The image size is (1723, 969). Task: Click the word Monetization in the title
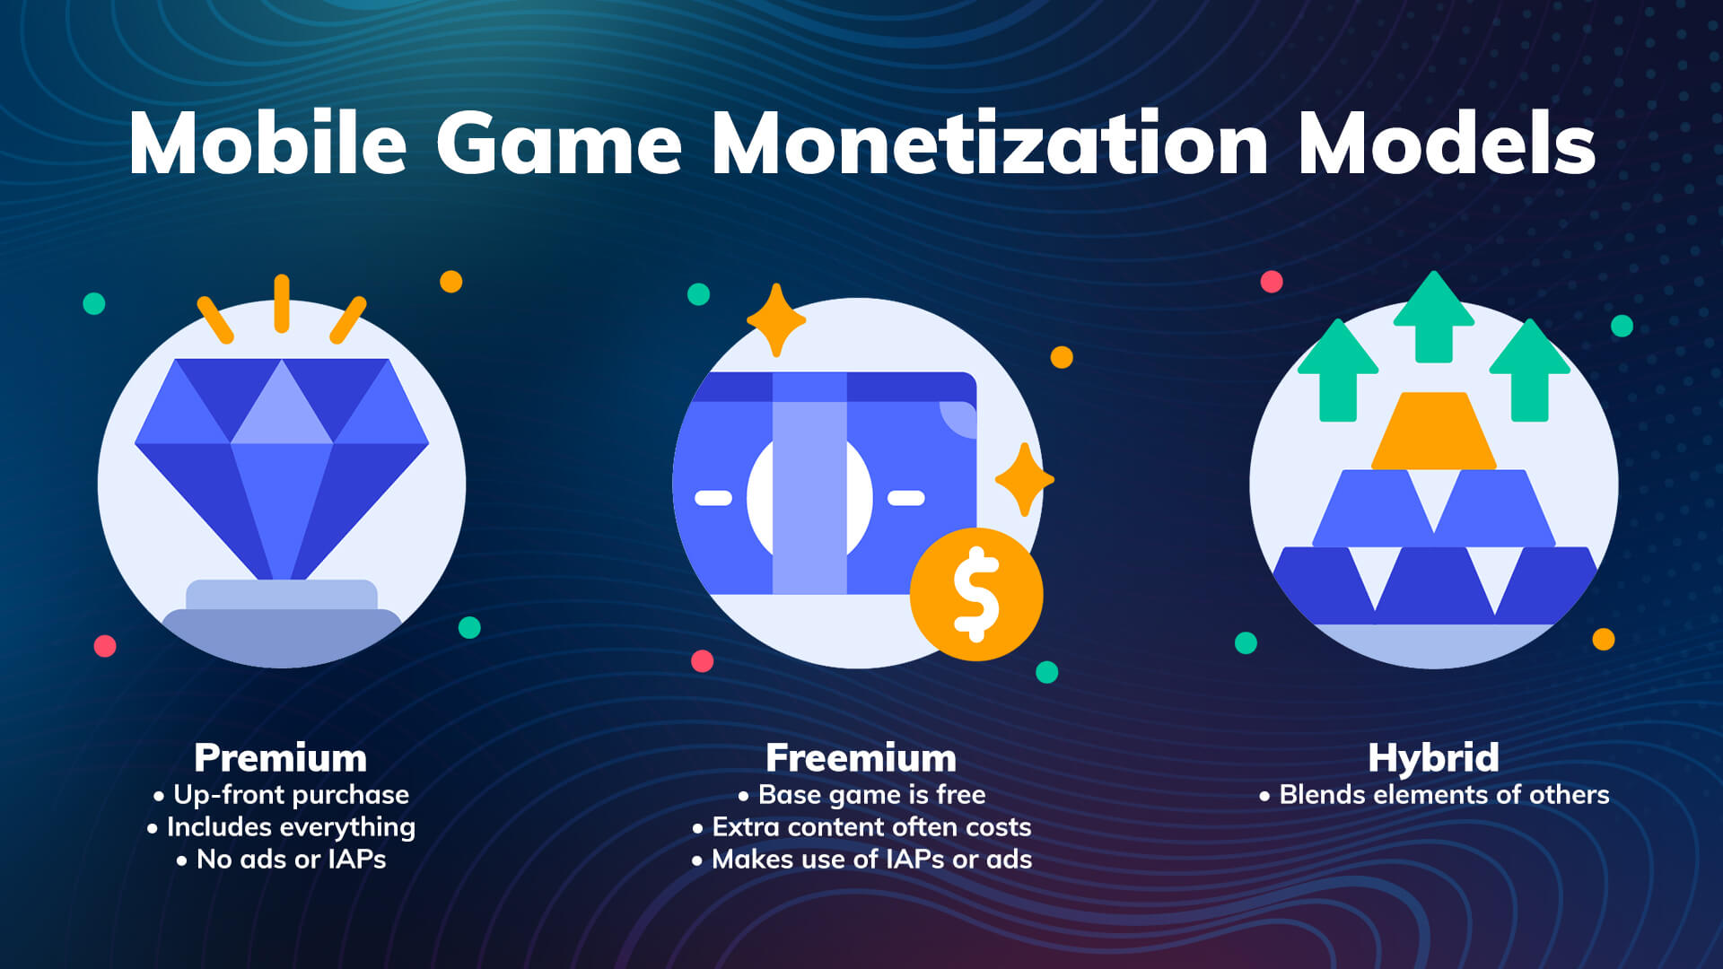[989, 144]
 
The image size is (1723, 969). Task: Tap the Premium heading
[281, 758]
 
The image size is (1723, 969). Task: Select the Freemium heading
[861, 758]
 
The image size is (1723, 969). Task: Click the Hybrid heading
[1433, 758]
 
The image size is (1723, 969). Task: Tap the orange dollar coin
[976, 594]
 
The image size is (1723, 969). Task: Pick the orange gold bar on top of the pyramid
[1434, 432]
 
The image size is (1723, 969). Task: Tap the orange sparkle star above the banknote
[776, 320]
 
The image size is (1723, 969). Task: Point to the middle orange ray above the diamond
[282, 303]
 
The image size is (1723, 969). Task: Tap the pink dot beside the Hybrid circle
[1272, 282]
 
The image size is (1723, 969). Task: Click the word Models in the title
[1447, 144]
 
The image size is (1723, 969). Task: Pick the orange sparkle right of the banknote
[1024, 479]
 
